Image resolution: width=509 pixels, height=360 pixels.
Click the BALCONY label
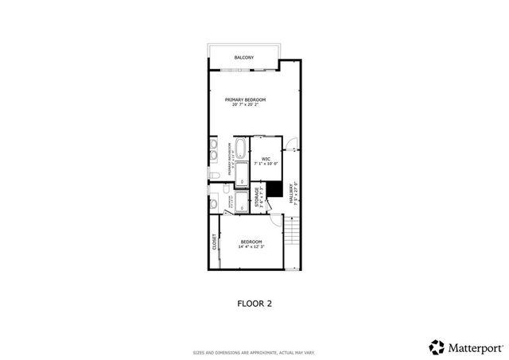coord(244,58)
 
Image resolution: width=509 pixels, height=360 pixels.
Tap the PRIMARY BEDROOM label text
coord(245,99)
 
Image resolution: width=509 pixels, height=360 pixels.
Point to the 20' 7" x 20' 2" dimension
coord(245,105)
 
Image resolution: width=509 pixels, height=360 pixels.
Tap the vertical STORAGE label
coord(257,197)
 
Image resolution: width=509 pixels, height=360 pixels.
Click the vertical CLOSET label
coord(215,242)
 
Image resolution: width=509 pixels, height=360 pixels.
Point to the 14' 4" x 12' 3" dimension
coord(251,246)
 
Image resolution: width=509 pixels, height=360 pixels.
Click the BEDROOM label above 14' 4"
coord(251,241)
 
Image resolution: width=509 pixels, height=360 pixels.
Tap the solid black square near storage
coord(274,189)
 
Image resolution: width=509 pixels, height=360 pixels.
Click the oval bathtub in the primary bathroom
coord(242,149)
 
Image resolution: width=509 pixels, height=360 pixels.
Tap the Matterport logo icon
coord(436,346)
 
